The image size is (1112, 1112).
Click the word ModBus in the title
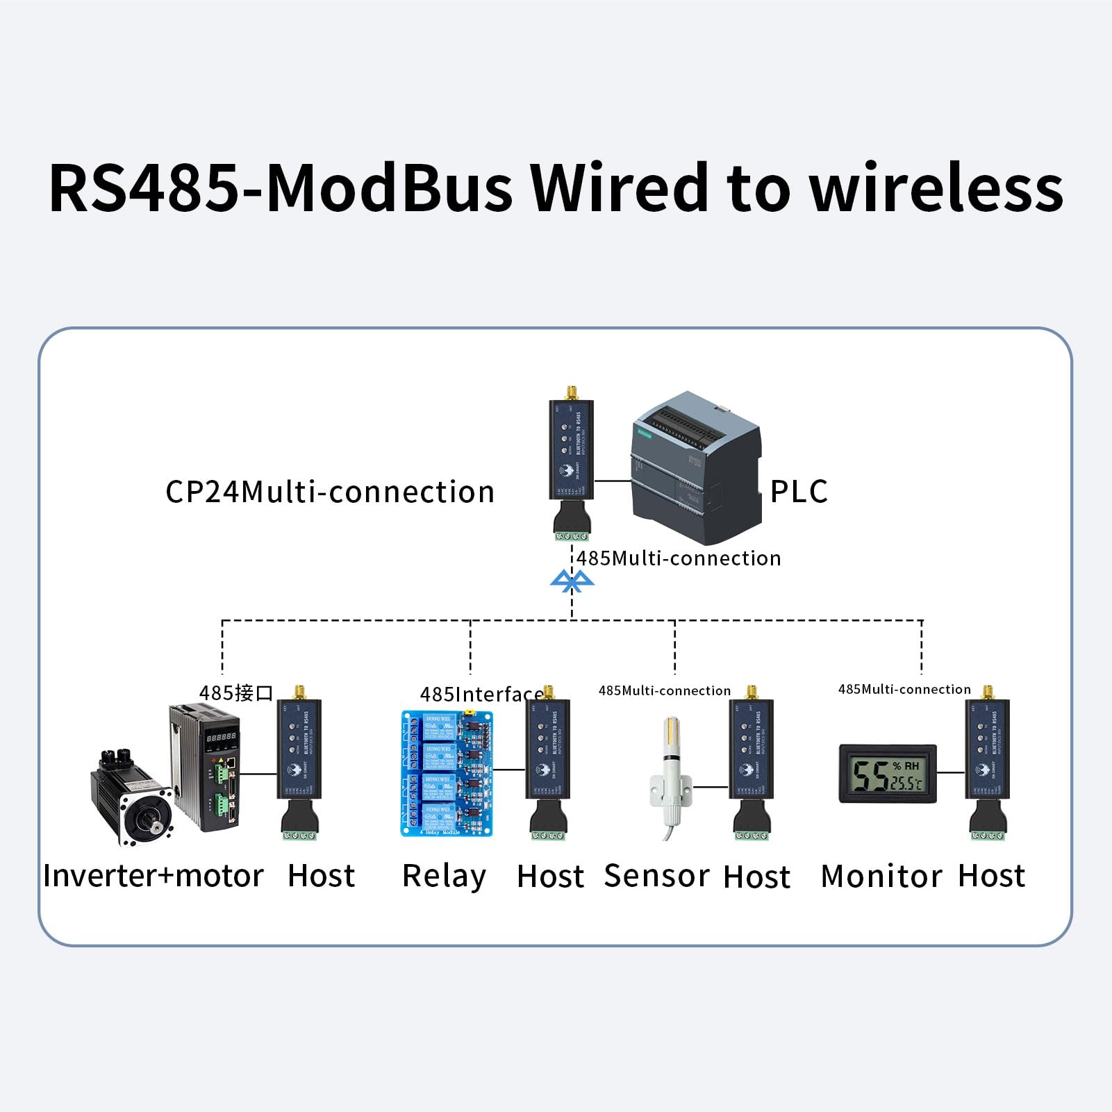(389, 189)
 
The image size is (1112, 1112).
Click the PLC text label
(799, 492)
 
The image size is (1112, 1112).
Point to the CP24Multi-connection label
(330, 492)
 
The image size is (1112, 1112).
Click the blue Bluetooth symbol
(572, 581)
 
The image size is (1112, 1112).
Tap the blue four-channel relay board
(447, 773)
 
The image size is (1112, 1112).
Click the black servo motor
(132, 799)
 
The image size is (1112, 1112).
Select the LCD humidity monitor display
(888, 773)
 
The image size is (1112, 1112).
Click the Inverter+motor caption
(153, 876)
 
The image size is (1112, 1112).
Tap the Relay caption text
(445, 876)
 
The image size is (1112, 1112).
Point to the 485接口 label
(236, 693)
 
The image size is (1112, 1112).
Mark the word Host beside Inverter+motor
(322, 876)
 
